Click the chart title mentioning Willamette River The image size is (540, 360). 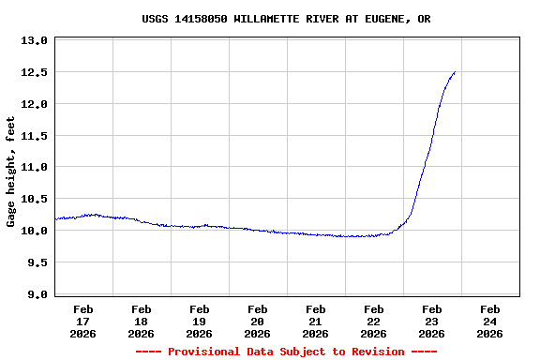pyautogui.click(x=286, y=19)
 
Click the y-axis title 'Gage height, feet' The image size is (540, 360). pyautogui.click(x=11, y=172)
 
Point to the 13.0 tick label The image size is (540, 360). pyautogui.click(x=34, y=40)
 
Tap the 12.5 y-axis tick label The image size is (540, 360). pyautogui.click(x=34, y=72)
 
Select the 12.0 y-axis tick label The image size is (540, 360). pyautogui.click(x=34, y=104)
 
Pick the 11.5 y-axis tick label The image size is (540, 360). pyautogui.click(x=34, y=136)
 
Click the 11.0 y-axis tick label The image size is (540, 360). pyautogui.click(x=34, y=167)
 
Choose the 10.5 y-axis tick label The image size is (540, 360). pyautogui.click(x=34, y=199)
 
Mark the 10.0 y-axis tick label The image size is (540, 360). pyautogui.click(x=34, y=231)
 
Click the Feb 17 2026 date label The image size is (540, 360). pyautogui.click(x=82, y=321)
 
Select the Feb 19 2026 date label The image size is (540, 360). pyautogui.click(x=199, y=321)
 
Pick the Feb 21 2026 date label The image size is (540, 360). pyautogui.click(x=315, y=321)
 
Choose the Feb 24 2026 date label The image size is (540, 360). pyautogui.click(x=489, y=321)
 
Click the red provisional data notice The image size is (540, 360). pyautogui.click(x=286, y=352)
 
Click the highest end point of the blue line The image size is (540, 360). pyautogui.click(x=455, y=72)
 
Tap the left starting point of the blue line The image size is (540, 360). pyautogui.click(x=55, y=219)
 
